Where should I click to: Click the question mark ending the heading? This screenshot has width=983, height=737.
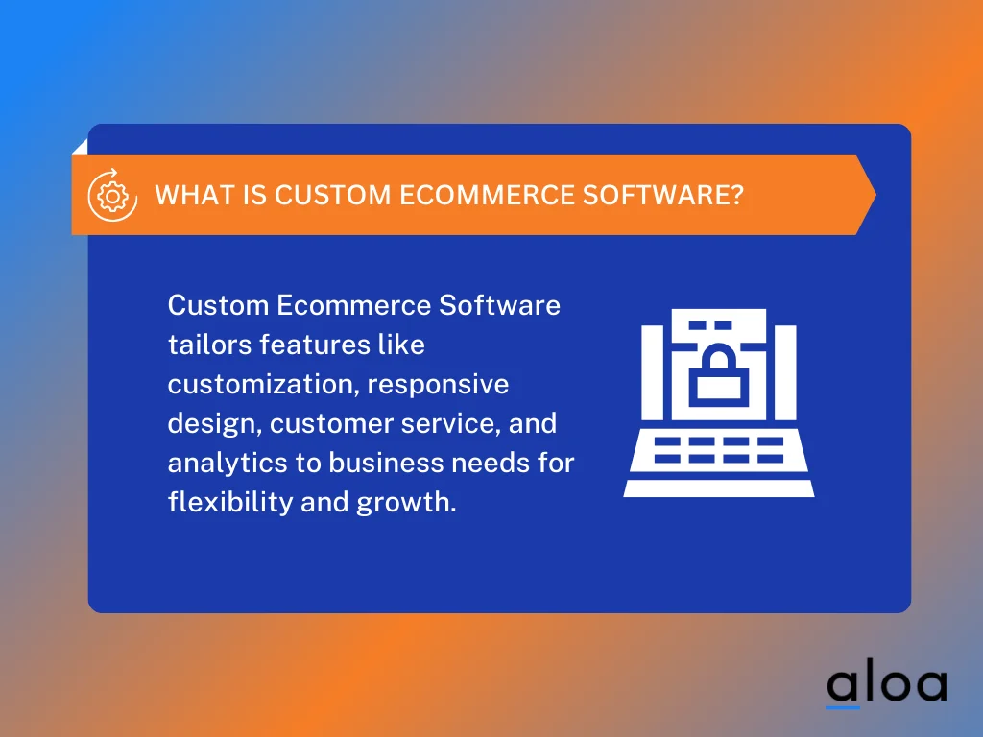[736, 195]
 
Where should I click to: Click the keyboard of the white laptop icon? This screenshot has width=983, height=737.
[719, 451]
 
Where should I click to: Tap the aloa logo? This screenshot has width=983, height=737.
[886, 684]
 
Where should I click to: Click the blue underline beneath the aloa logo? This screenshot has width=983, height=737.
[843, 707]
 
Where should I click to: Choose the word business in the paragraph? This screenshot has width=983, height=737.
[375, 463]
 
